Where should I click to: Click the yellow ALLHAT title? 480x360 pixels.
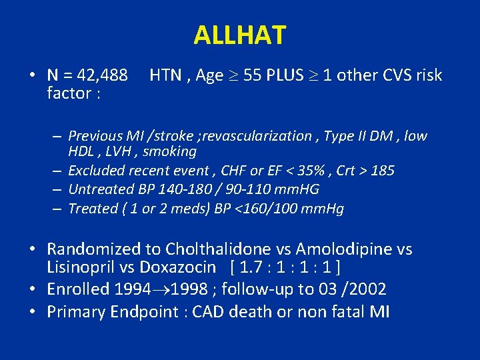(x=240, y=35)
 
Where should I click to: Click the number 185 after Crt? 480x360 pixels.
(x=383, y=171)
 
